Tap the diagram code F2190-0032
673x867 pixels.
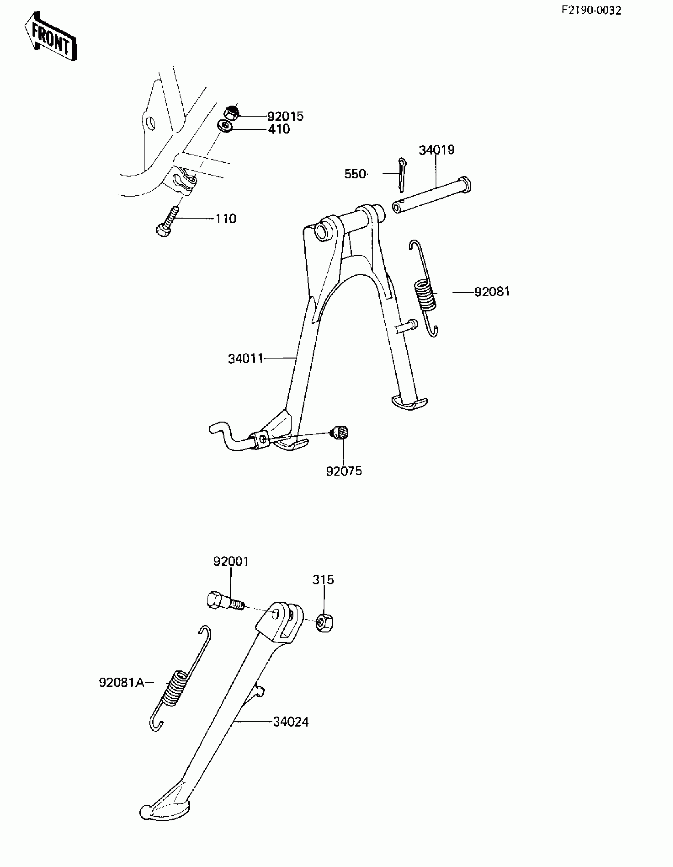(x=591, y=10)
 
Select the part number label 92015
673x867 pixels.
(x=285, y=116)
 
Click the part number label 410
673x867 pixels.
(x=279, y=129)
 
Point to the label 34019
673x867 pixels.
(x=436, y=150)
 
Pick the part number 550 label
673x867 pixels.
(x=355, y=174)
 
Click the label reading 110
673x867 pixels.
(x=225, y=219)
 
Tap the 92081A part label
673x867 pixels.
(x=122, y=682)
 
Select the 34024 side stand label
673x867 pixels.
(x=291, y=721)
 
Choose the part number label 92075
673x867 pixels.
(x=344, y=471)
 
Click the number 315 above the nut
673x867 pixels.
(x=323, y=579)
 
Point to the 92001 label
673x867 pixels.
(x=231, y=561)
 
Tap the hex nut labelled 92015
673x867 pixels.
(x=231, y=113)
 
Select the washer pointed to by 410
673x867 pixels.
(x=225, y=127)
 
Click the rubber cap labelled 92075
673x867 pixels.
(x=340, y=432)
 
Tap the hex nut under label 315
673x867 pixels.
(x=324, y=623)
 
